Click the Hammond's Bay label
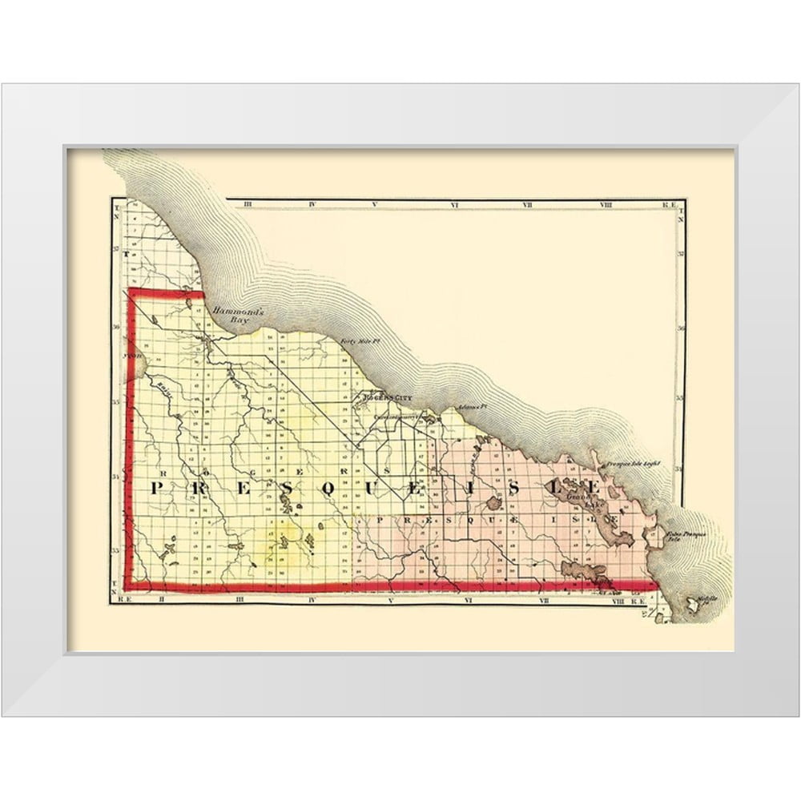click(230, 314)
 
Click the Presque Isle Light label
click(632, 464)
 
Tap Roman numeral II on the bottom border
click(161, 598)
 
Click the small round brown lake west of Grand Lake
click(491, 504)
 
